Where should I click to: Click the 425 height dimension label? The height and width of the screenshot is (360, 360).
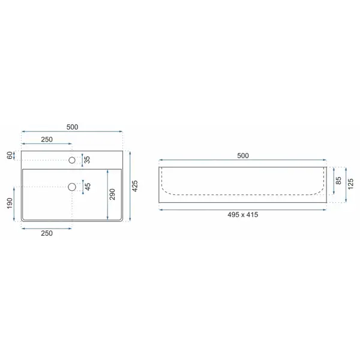(135, 186)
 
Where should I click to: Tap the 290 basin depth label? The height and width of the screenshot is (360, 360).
(112, 194)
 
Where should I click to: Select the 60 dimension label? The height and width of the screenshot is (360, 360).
(10, 155)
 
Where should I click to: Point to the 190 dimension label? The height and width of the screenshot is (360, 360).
(10, 203)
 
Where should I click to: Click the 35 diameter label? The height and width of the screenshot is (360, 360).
(87, 160)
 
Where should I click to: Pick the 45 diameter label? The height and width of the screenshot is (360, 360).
(88, 187)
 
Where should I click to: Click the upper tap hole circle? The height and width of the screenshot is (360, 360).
(72, 160)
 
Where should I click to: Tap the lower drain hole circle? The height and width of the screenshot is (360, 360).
(72, 187)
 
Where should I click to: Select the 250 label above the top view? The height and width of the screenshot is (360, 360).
(47, 139)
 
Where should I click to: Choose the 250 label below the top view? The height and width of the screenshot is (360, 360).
(47, 233)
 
